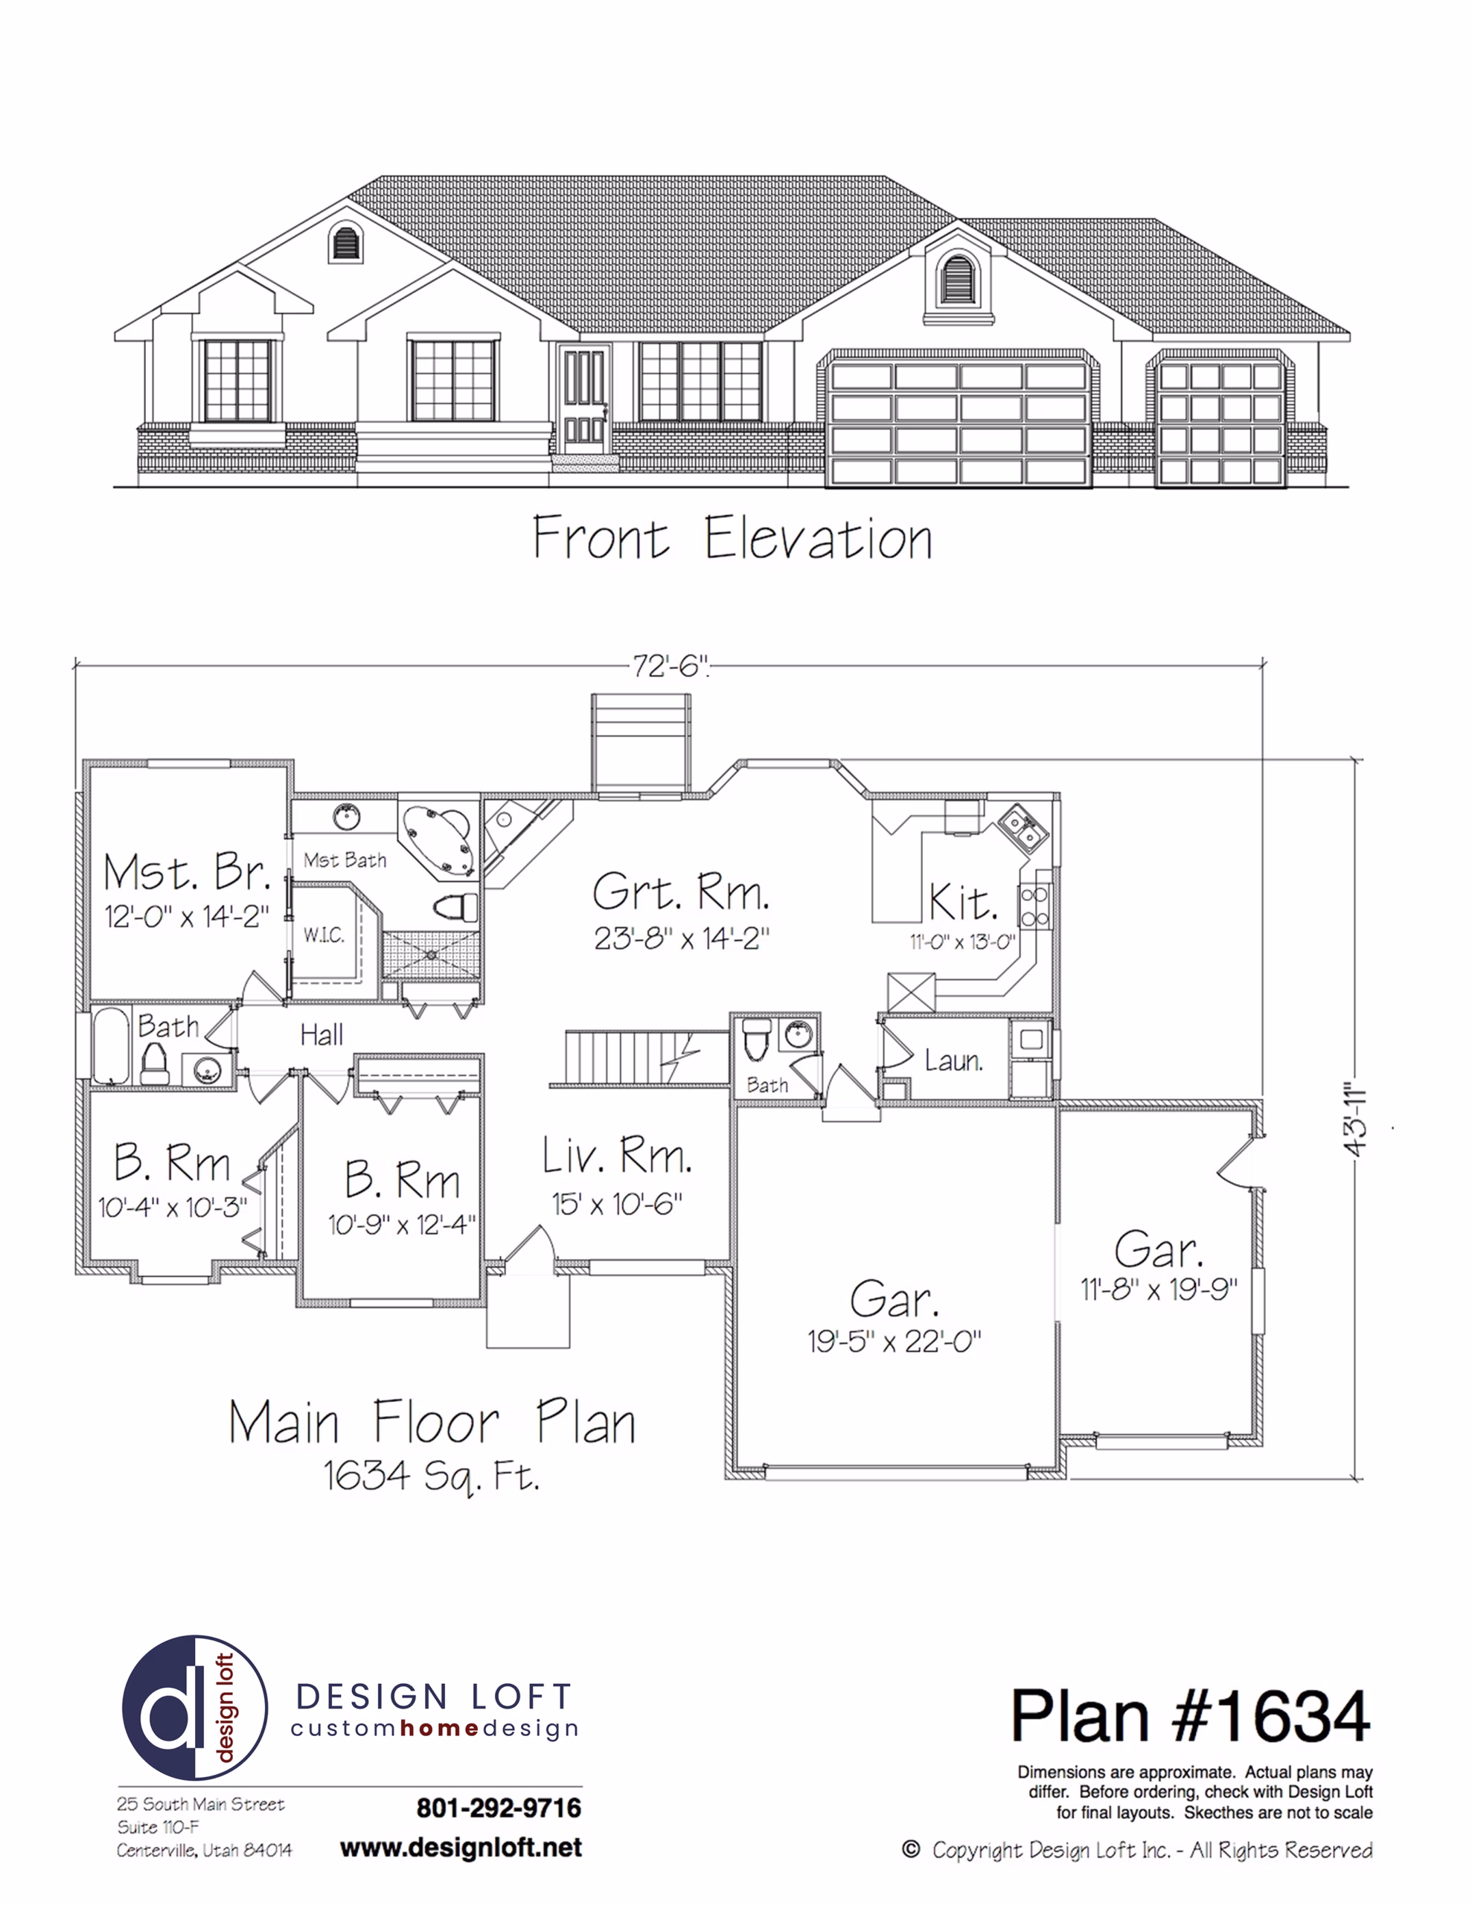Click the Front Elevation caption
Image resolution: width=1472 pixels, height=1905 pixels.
(x=732, y=537)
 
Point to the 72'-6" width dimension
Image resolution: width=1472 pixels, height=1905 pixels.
(x=670, y=667)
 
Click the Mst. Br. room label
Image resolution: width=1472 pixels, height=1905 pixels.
(x=187, y=872)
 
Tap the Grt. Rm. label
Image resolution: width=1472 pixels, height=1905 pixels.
(x=682, y=892)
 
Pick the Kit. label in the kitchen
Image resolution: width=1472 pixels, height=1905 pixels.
(x=963, y=902)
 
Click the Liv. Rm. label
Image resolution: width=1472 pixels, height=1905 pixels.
(x=617, y=1156)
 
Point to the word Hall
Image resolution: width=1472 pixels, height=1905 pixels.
(x=321, y=1035)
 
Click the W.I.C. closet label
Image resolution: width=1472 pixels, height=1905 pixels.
(x=324, y=936)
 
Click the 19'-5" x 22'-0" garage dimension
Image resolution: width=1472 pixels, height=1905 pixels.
(x=895, y=1342)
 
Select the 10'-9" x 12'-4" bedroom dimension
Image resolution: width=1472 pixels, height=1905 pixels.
(x=401, y=1226)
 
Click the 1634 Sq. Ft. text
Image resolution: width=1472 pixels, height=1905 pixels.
(x=432, y=1476)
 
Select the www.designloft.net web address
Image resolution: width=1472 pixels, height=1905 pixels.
(x=461, y=1848)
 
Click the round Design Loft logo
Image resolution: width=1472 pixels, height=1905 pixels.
(x=194, y=1708)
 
